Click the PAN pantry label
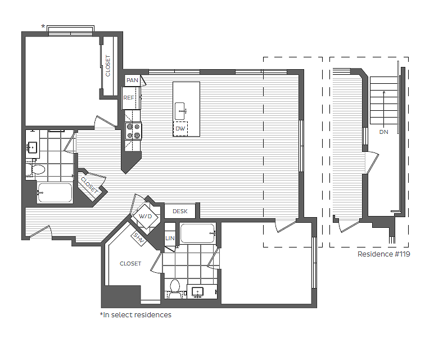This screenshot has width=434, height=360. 132,80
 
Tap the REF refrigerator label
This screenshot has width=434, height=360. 129,98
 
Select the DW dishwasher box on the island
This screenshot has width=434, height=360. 180,129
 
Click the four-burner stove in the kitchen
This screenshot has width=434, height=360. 134,131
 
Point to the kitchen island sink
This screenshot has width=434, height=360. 180,109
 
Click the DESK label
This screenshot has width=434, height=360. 180,211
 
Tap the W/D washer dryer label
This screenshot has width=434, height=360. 145,216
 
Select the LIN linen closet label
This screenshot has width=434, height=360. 170,238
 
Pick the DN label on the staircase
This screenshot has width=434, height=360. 383,132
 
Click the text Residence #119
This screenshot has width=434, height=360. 383,254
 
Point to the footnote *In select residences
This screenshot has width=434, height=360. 135,315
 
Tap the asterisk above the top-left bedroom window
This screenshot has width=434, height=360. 43,26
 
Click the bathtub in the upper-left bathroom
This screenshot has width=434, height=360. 55,193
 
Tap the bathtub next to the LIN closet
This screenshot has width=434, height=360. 197,233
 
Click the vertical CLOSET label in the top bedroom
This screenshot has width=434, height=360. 108,66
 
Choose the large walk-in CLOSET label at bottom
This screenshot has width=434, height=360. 130,263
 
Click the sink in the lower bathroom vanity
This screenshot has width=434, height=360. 198,291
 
